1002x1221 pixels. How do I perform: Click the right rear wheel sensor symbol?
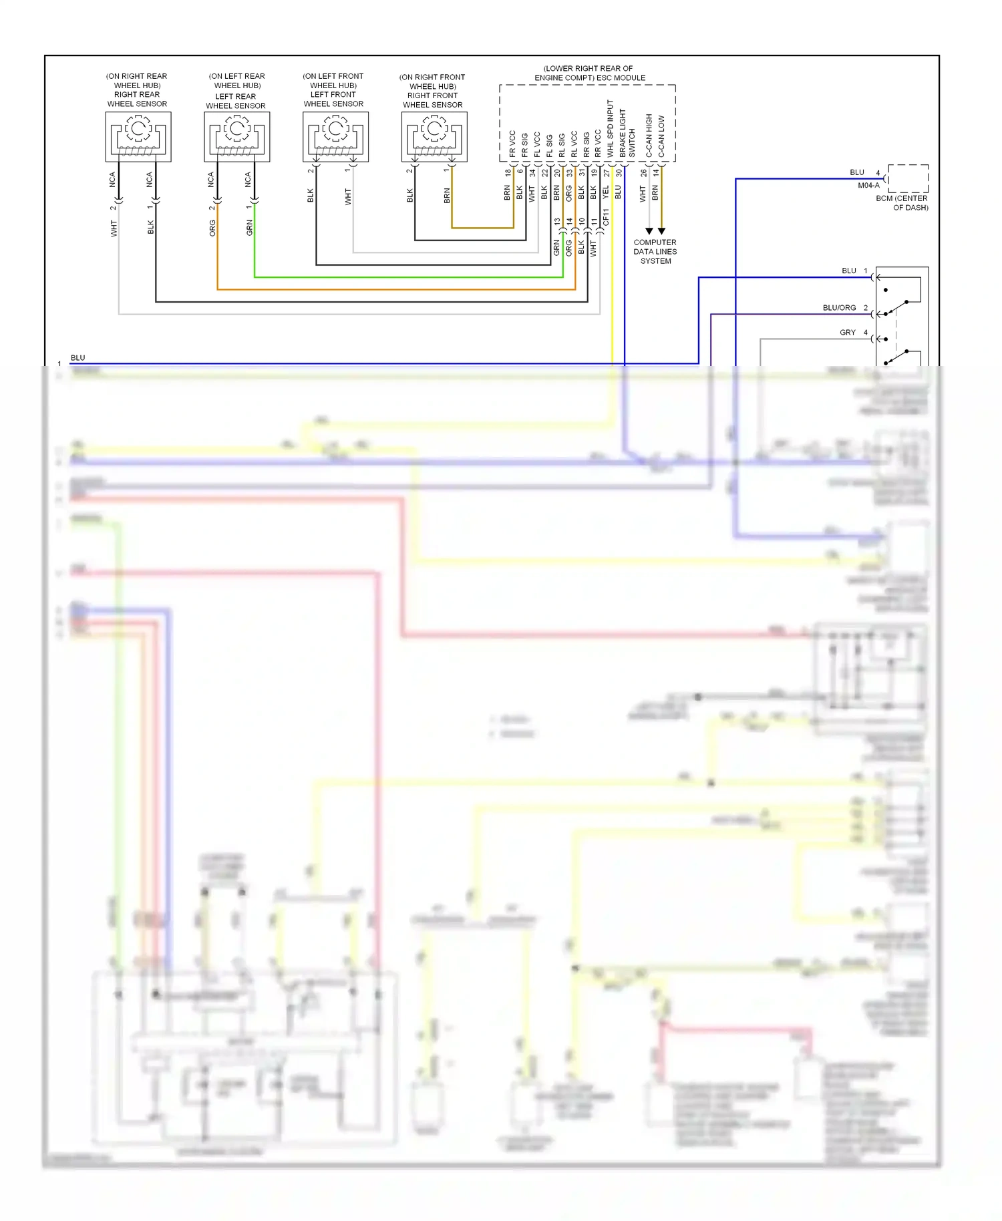click(138, 136)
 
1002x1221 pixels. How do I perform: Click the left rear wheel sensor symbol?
click(236, 136)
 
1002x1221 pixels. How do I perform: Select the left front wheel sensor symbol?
click(335, 136)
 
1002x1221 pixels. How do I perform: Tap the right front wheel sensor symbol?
click(434, 136)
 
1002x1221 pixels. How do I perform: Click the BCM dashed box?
click(908, 178)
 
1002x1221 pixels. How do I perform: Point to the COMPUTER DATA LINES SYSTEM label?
click(655, 252)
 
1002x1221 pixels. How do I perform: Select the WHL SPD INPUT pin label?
click(610, 129)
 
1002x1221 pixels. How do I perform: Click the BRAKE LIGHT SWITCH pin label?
click(627, 134)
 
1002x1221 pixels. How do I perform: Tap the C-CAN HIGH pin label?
click(649, 136)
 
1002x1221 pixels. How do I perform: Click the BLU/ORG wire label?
click(839, 308)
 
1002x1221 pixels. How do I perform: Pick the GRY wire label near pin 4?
click(847, 333)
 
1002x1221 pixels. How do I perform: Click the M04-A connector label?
click(868, 186)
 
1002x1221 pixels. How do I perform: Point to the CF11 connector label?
click(606, 217)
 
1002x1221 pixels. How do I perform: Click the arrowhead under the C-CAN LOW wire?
click(661, 231)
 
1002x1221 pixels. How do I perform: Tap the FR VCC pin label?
click(512, 144)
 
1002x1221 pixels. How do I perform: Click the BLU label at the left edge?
click(78, 358)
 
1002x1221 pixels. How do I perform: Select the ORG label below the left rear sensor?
click(212, 228)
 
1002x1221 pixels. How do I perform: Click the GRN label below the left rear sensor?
click(249, 228)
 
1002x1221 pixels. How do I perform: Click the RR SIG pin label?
click(587, 144)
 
